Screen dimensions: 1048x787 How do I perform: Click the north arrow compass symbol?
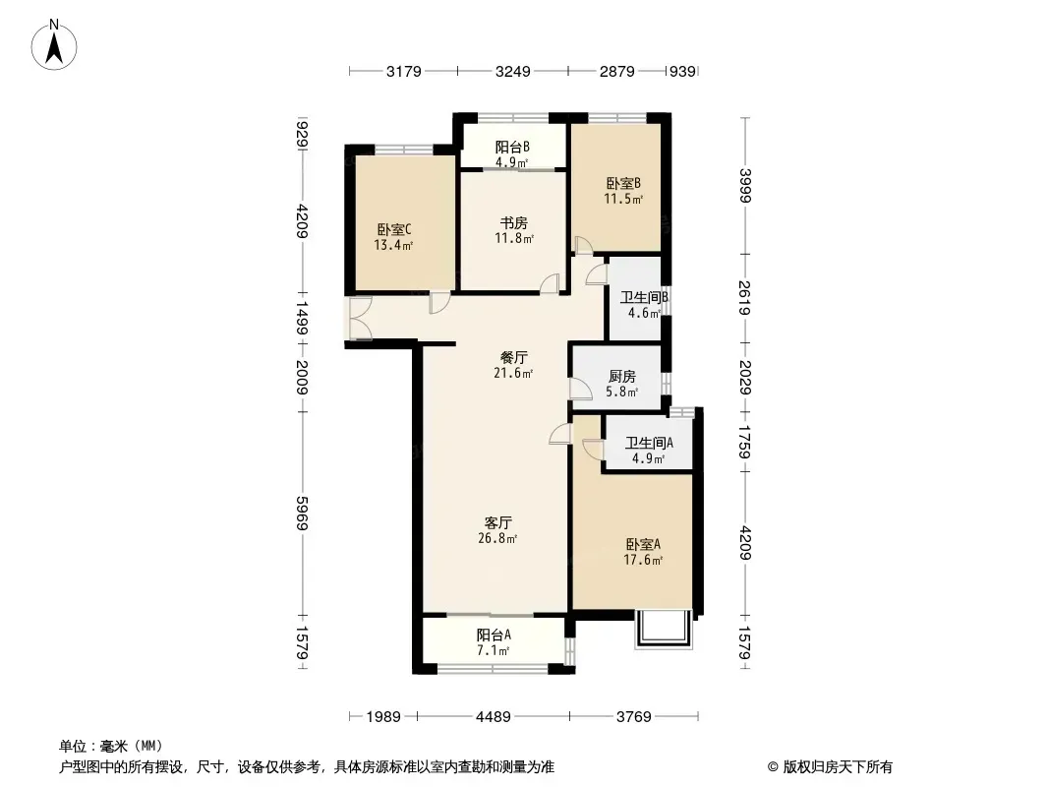pyautogui.click(x=54, y=45)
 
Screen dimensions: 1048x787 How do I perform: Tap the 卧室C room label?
pyautogui.click(x=393, y=230)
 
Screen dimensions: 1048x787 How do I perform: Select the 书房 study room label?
pyautogui.click(x=514, y=222)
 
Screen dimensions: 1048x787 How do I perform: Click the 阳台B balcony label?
pyautogui.click(x=512, y=147)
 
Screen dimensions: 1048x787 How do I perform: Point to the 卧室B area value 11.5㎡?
pyautogui.click(x=623, y=199)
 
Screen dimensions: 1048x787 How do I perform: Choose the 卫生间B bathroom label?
pyautogui.click(x=644, y=297)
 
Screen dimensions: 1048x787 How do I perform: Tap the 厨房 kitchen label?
pyautogui.click(x=622, y=377)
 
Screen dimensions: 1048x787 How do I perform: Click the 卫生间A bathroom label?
pyautogui.click(x=649, y=443)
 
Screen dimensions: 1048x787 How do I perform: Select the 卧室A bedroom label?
pyautogui.click(x=643, y=544)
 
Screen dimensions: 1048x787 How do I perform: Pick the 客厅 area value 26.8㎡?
pyautogui.click(x=497, y=538)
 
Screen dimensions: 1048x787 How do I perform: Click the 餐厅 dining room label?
pyautogui.click(x=514, y=357)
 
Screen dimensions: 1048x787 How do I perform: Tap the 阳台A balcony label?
pyautogui.click(x=494, y=635)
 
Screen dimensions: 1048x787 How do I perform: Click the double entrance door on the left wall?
pyautogui.click(x=360, y=319)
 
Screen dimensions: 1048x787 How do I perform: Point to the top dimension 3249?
pyautogui.click(x=512, y=71)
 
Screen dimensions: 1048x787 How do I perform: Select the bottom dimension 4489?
pyautogui.click(x=494, y=717)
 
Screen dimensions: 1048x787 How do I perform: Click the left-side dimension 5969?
pyautogui.click(x=302, y=513)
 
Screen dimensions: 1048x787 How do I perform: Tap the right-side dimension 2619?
pyautogui.click(x=745, y=297)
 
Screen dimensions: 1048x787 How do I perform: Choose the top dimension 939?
pyautogui.click(x=682, y=71)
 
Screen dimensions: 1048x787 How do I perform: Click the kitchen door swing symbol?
pyautogui.click(x=580, y=389)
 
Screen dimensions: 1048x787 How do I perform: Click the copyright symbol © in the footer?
pyautogui.click(x=773, y=767)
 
